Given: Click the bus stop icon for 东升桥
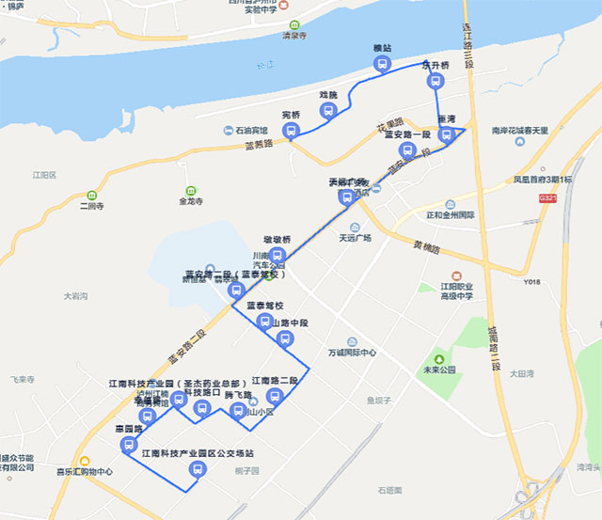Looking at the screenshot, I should pos(435,82).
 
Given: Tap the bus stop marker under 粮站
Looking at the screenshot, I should pos(382,64).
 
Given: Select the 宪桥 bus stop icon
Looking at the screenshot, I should pos(291,131).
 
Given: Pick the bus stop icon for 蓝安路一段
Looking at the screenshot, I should pos(406,150).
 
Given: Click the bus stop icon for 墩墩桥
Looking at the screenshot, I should pos(277,255).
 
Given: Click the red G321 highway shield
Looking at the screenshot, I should pos(548,200).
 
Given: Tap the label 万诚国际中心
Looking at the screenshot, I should pos(352,353).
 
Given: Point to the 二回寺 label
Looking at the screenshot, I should pos(92,206).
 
